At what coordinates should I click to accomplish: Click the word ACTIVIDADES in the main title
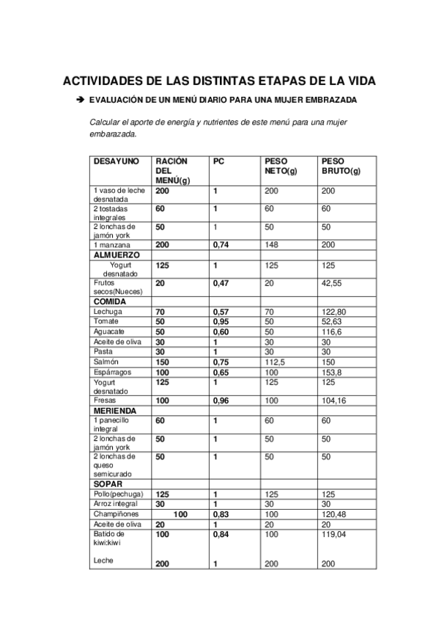pos(100,81)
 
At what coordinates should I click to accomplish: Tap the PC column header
pos(218,161)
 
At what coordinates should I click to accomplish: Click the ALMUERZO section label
pos(115,254)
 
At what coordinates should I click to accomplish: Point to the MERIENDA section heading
pos(115,411)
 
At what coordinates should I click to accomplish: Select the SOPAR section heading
pos(108,484)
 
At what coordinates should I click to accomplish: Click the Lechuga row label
pos(108,311)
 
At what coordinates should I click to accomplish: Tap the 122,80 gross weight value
pos(333,311)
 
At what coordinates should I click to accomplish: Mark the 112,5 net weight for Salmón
pos(276,362)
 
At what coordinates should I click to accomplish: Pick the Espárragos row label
pos(112,372)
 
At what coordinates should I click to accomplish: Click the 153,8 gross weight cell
pos(331,372)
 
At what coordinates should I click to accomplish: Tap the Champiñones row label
pos(114,514)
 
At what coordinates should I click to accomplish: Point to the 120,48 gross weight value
pos(333,514)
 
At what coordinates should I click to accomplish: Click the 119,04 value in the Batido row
pos(333,535)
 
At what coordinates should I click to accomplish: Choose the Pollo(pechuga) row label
pos(118,494)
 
